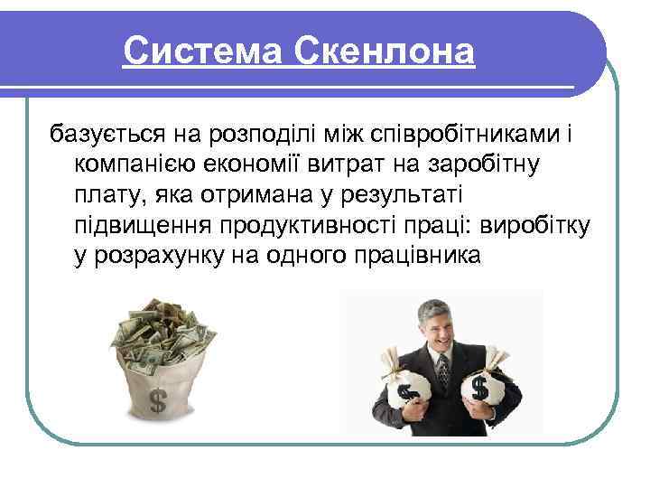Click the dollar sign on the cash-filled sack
[x=156, y=400]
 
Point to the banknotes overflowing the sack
[x=162, y=334]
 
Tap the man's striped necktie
[x=442, y=371]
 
